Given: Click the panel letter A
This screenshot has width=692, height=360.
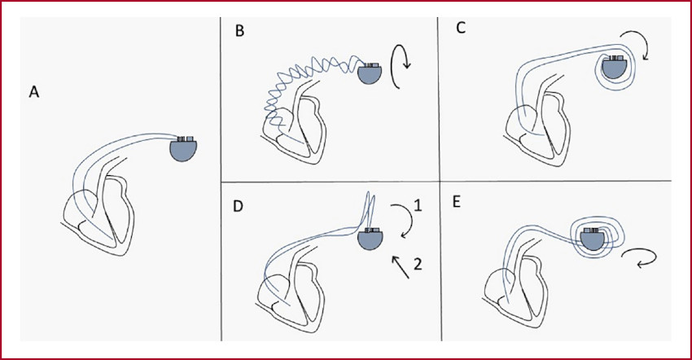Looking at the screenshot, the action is coord(34,92).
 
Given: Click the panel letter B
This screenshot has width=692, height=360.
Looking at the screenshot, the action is coord(239,32).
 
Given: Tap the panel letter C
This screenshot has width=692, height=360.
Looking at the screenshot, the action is coord(460,28).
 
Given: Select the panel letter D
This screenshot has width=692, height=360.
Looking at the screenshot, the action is coord(238,206).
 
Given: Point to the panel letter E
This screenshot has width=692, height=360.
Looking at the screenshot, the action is coord(456,202).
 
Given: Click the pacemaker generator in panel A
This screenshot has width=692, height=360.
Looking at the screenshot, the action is coord(183,149).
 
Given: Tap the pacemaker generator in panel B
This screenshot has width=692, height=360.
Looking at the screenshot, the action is coord(370,74).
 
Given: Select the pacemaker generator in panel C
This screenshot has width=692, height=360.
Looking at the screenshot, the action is coord(614,67).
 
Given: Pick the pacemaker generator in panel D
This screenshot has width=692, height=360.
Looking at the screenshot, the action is coord(370,239).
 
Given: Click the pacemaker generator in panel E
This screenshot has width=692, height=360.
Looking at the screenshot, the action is coord(592,239).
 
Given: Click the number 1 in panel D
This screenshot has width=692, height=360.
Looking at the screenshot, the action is coord(418,206).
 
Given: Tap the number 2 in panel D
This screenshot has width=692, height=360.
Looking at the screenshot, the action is coord(418,264).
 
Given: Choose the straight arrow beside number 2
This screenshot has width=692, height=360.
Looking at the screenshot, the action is coord(400,268).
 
